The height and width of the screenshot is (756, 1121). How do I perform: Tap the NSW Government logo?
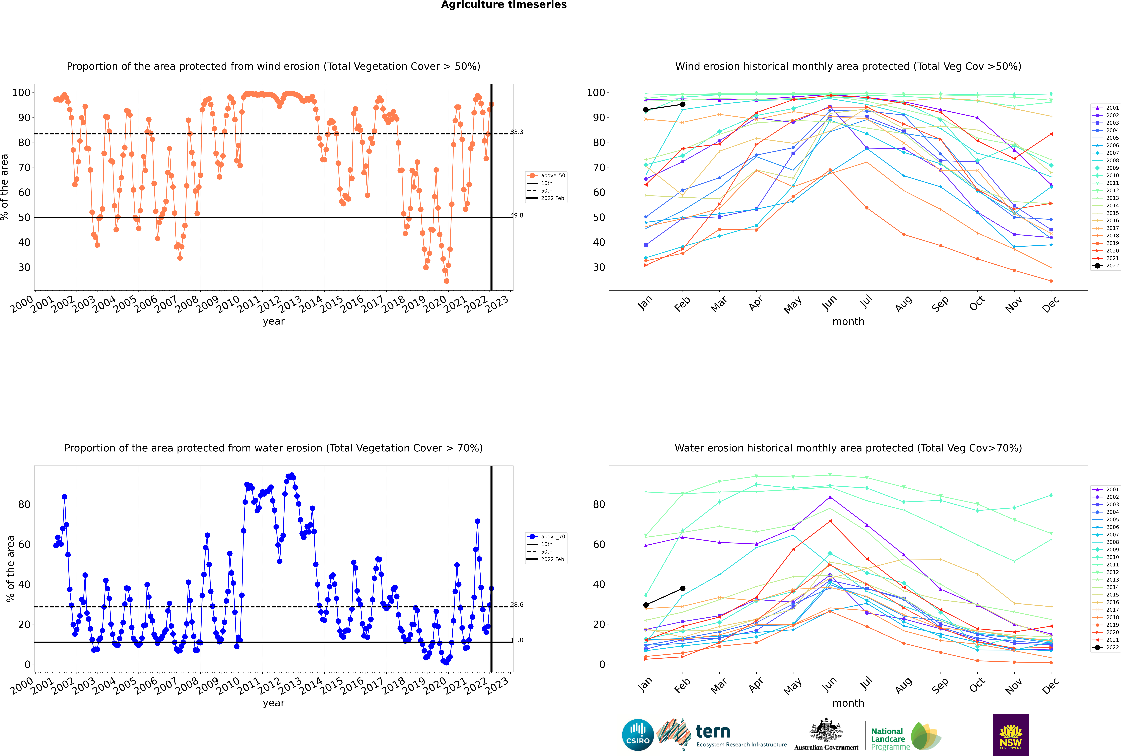(1011, 735)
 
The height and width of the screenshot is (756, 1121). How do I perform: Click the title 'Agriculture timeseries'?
(504, 5)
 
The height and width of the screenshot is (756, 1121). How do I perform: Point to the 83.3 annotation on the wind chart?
(517, 132)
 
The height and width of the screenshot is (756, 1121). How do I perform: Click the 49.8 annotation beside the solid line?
(517, 216)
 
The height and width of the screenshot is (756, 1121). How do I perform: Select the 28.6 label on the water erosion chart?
(517, 605)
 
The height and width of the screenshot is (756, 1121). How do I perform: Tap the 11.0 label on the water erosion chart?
(517, 640)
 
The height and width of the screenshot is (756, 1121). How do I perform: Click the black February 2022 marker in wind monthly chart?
(682, 104)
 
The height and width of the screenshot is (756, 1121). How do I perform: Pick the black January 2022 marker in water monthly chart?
(646, 605)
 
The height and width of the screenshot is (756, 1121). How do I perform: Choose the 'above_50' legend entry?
(546, 176)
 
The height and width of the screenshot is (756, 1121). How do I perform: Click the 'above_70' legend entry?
(546, 537)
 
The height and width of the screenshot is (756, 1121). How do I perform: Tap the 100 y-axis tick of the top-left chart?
(21, 93)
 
